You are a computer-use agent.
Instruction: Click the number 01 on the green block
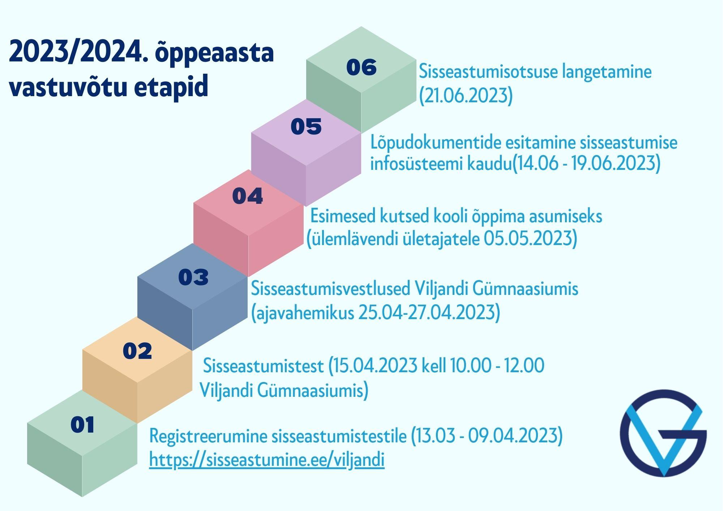tap(82, 425)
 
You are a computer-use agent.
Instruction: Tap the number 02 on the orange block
tap(137, 351)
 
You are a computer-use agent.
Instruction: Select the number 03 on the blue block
tap(193, 277)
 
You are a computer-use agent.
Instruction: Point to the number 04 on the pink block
tap(248, 196)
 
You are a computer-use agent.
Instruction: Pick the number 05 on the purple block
tap(306, 126)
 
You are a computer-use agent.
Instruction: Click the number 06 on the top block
tap(361, 67)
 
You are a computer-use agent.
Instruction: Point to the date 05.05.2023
tap(528, 239)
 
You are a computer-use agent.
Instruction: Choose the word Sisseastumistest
tap(263, 366)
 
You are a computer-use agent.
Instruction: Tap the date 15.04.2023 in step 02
tap(376, 366)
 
